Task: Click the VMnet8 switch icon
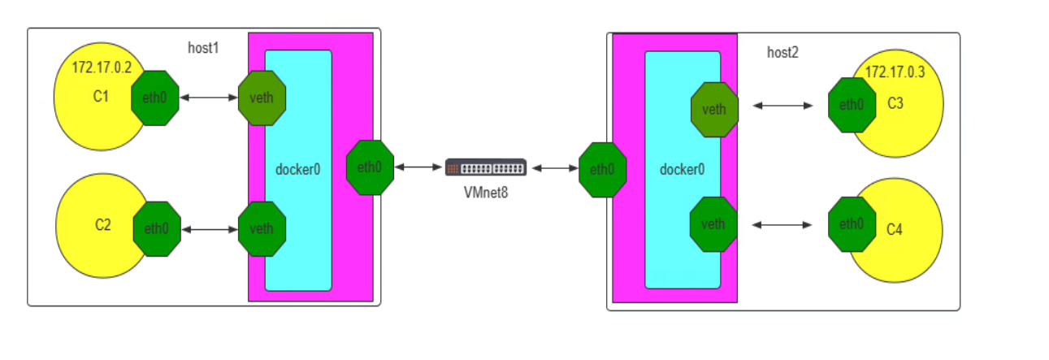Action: (486, 167)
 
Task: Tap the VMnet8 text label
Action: (486, 192)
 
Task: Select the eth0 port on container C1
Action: (154, 98)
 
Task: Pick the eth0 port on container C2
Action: (156, 229)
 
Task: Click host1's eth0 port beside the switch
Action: (370, 167)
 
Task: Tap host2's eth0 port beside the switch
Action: (602, 169)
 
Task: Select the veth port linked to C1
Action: (262, 98)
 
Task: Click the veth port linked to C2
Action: (262, 228)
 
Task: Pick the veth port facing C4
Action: (713, 223)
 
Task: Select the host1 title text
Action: (203, 48)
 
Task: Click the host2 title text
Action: (782, 53)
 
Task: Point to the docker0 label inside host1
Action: (298, 170)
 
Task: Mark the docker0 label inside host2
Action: (682, 170)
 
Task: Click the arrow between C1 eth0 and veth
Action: (208, 98)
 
